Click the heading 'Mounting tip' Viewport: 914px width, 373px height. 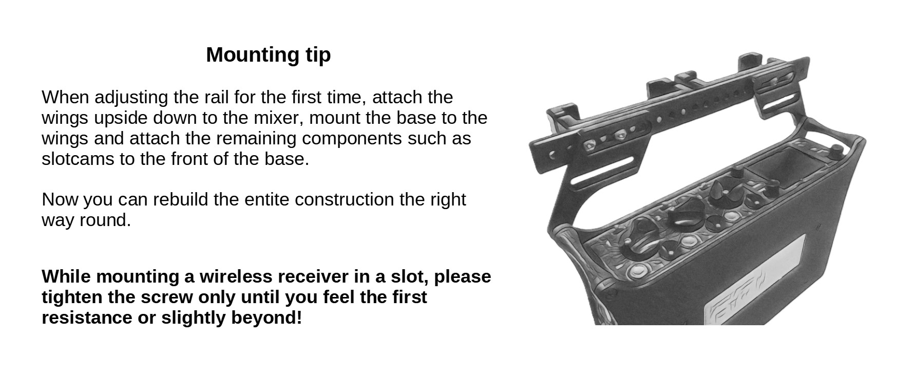tap(268, 55)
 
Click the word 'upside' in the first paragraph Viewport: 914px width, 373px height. tap(120, 118)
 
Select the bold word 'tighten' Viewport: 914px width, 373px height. tap(72, 297)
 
